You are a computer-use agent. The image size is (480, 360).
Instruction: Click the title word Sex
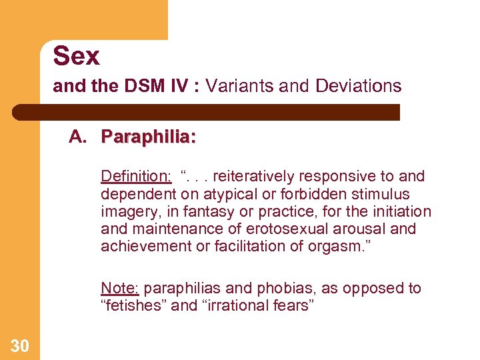point(76,56)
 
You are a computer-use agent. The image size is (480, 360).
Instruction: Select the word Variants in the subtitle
point(237,86)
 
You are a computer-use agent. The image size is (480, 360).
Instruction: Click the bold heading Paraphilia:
point(148,137)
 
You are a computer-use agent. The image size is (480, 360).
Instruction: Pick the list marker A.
point(78,137)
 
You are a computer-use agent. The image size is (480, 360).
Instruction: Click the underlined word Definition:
point(136,177)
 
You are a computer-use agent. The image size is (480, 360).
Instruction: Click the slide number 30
point(19,345)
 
